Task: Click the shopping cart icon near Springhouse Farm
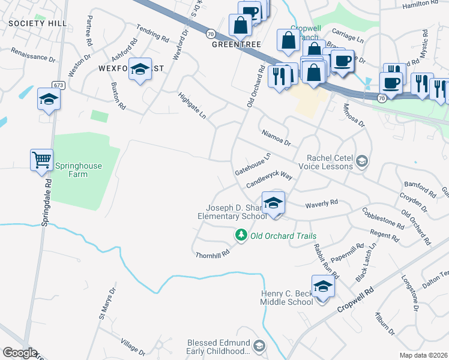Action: (41, 160)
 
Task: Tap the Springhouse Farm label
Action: (79, 170)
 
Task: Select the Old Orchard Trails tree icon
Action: (241, 236)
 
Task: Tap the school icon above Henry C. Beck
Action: (323, 286)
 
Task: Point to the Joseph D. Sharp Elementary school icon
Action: (273, 202)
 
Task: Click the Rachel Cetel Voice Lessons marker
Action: (362, 161)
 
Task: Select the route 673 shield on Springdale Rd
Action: (58, 85)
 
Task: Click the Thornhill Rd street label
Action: (212, 254)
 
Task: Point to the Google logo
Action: (19, 353)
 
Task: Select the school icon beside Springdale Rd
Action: (49, 100)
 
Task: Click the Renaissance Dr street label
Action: (33, 56)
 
